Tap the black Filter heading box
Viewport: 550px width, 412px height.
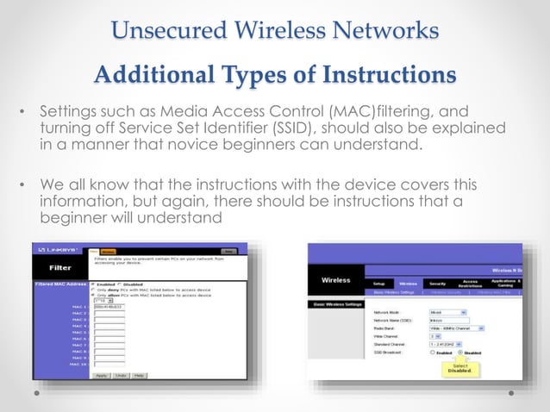(60, 267)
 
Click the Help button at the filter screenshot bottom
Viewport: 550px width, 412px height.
(139, 375)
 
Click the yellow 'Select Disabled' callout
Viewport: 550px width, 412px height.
(459, 369)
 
